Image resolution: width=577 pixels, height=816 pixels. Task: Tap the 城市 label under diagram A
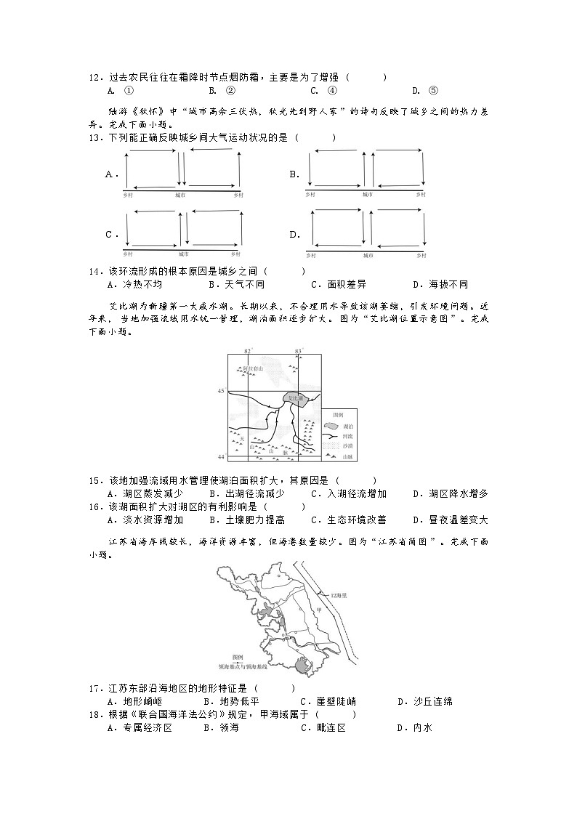pyautogui.click(x=180, y=195)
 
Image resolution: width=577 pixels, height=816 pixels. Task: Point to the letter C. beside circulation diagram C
pyautogui.click(x=112, y=235)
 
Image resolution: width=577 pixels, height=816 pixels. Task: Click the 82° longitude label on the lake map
pyautogui.click(x=247, y=352)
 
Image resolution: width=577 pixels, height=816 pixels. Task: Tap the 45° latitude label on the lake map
pyautogui.click(x=221, y=392)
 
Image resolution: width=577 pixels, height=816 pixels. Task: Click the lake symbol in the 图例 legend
pyautogui.click(x=332, y=427)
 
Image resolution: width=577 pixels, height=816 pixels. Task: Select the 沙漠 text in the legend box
pyautogui.click(x=348, y=445)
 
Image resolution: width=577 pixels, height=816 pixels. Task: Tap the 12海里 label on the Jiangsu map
pyautogui.click(x=339, y=594)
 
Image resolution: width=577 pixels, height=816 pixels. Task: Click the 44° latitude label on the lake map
pyautogui.click(x=221, y=456)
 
